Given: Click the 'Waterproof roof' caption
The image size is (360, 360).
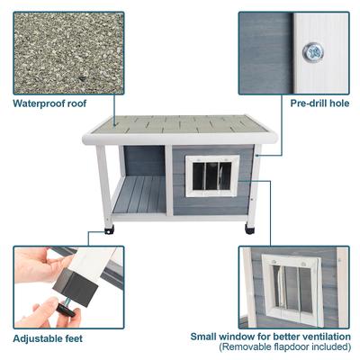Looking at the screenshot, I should click(49, 103).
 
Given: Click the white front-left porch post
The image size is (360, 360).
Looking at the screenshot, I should click(103, 184).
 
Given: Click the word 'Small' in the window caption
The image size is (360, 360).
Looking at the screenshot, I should click(204, 335).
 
